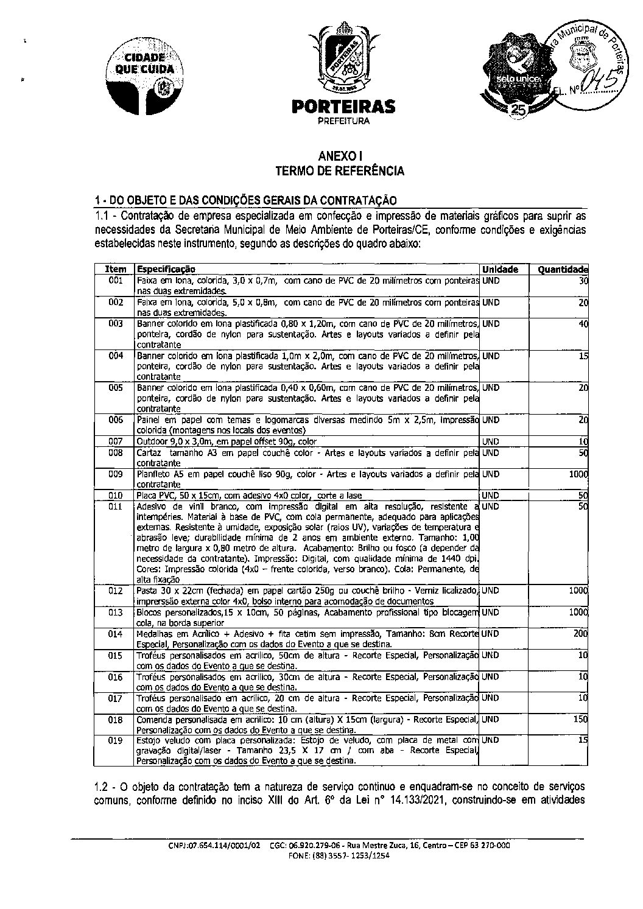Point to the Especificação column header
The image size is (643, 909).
coord(166,269)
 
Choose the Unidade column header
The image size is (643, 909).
coord(500,269)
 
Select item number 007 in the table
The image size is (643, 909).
coord(116,441)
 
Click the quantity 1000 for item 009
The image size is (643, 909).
coord(578,474)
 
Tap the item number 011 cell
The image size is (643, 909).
coord(116,507)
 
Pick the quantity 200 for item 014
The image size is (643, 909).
coord(581,634)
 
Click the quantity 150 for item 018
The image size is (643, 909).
coord(581,719)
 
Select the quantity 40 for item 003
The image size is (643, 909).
coord(583,324)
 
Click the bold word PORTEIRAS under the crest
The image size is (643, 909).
coord(343,107)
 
